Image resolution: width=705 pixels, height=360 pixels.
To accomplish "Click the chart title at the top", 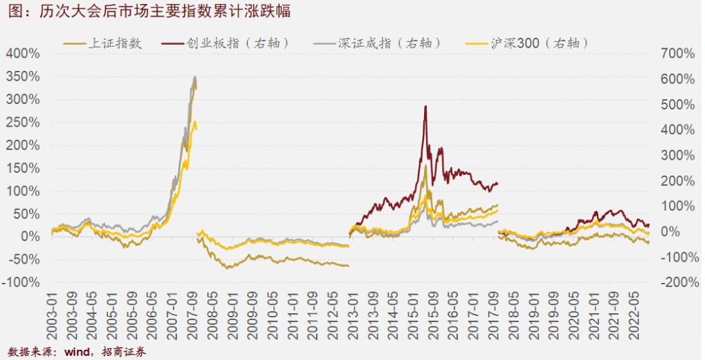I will pyautogui.click(x=145, y=11).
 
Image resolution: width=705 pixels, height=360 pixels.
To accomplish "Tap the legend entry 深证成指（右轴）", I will pyautogui.click(x=390, y=43).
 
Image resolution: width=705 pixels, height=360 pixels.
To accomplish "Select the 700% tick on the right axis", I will pyautogui.click(x=677, y=53).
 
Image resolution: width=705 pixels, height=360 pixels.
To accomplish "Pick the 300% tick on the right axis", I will pyautogui.click(x=677, y=155).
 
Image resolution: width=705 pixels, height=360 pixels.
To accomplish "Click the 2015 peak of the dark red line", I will pyautogui.click(x=425, y=107).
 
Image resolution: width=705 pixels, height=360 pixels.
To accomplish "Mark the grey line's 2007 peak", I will pyautogui.click(x=195, y=76).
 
